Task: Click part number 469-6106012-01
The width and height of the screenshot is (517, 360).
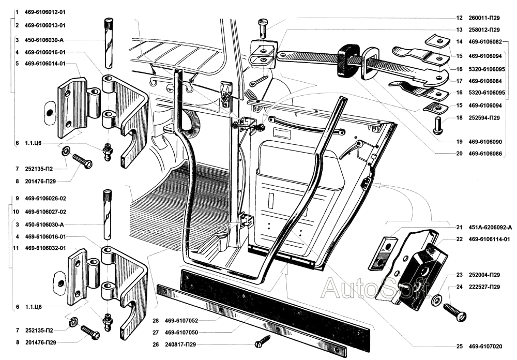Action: pyautogui.click(x=46, y=11)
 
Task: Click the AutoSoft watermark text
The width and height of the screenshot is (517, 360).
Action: pyautogui.click(x=375, y=287)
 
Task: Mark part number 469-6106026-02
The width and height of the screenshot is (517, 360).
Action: pyautogui.click(x=45, y=199)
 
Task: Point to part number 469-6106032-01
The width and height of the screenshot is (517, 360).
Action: pyautogui.click(x=45, y=248)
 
